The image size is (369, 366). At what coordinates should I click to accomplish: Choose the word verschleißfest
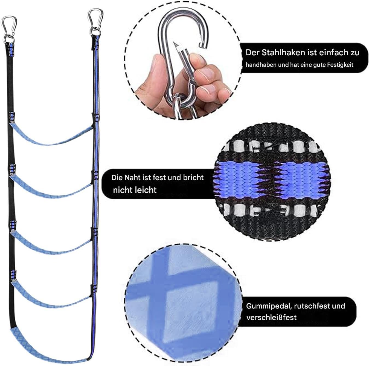point(271,318)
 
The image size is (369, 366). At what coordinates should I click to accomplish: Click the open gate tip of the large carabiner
point(175,45)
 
